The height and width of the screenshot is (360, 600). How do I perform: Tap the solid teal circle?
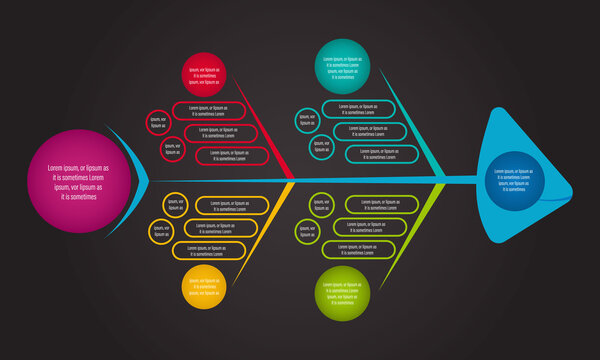343,64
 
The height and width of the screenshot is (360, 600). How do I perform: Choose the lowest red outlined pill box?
233,155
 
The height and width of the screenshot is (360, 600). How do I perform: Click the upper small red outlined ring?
158,122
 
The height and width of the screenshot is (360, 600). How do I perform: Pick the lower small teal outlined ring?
322,147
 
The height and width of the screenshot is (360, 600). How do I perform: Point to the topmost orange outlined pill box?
232,205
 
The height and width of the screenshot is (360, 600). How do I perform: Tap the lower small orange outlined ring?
161,232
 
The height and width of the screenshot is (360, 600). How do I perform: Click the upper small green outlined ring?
321,204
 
